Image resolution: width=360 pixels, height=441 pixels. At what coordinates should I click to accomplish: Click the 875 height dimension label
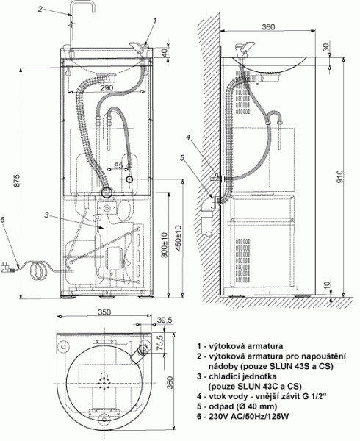[17, 182]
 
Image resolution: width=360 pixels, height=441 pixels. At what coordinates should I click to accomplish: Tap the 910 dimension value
[339, 176]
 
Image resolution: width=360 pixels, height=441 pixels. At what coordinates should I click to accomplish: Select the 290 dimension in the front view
[107, 87]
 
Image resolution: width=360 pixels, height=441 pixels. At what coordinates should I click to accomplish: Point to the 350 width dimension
[104, 312]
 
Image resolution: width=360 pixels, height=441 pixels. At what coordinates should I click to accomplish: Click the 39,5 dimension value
[165, 320]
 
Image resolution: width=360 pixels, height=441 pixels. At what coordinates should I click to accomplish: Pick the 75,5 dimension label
[160, 342]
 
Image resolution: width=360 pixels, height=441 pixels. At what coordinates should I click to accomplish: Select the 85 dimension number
[118, 165]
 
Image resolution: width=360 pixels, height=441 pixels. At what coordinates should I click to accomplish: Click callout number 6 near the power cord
[2, 220]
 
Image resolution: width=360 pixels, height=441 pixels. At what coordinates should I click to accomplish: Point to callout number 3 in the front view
[46, 215]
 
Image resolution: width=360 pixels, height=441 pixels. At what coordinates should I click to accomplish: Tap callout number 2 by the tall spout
[40, 9]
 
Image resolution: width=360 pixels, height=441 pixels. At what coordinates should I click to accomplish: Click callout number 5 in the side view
[182, 158]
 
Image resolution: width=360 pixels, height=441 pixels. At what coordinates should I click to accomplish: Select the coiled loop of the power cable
[37, 270]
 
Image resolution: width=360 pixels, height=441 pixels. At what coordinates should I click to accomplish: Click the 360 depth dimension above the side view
[268, 26]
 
